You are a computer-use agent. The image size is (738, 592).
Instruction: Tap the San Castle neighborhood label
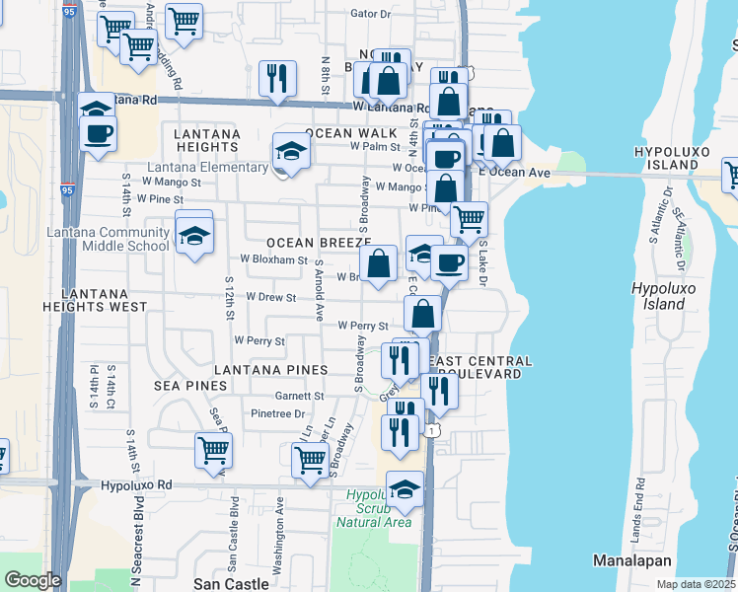tap(231, 584)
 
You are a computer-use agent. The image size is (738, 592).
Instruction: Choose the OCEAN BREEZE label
tap(316, 243)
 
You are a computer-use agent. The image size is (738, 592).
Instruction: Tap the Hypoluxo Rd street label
tap(136, 485)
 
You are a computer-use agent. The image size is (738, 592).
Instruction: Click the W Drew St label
tap(270, 296)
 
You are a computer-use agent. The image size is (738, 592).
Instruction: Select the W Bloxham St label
tap(274, 259)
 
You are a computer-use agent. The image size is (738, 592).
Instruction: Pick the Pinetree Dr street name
tap(277, 413)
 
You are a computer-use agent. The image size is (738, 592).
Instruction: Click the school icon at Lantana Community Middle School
tap(195, 236)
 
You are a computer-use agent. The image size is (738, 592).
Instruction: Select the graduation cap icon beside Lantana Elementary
tap(291, 151)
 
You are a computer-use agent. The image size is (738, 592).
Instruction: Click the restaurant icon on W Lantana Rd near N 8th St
tap(277, 77)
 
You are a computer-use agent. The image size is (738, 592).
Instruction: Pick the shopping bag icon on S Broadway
tap(378, 263)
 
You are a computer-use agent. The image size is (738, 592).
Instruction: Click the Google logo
tap(32, 580)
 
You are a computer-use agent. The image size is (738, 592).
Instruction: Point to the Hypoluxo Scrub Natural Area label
tap(379, 507)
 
